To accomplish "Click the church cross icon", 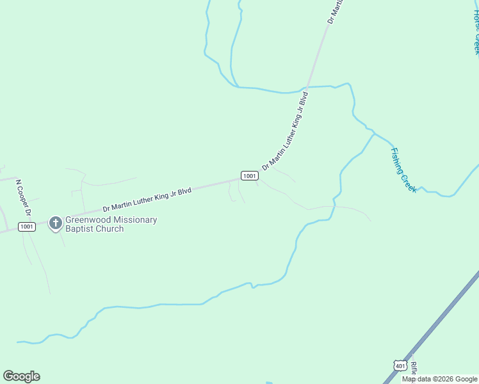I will pyautogui.click(x=56, y=223).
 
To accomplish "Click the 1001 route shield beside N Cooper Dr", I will pyautogui.click(x=26, y=227).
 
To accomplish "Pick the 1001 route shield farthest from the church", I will pyautogui.click(x=250, y=175).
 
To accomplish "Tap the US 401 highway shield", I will pyautogui.click(x=400, y=365).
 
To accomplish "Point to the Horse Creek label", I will pyautogui.click(x=476, y=29).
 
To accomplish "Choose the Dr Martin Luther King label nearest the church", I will pyautogui.click(x=147, y=200).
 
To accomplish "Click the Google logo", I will pyautogui.click(x=21, y=376).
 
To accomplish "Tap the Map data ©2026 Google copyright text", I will pyautogui.click(x=439, y=379).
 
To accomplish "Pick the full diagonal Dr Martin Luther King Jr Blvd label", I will pyautogui.click(x=286, y=131).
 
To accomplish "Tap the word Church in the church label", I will pyautogui.click(x=109, y=229).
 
